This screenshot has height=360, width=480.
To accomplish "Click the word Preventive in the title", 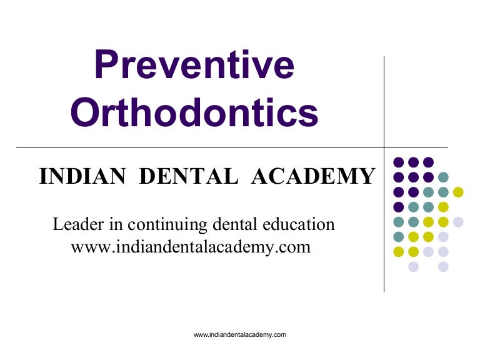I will tap(194, 65).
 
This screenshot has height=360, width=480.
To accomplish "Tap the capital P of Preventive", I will tap(108, 65).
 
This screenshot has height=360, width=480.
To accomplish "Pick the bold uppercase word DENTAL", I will tap(188, 177).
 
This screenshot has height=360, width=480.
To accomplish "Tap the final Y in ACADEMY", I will tap(367, 177).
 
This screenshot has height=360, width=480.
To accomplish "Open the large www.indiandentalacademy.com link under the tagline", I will tap(191, 247).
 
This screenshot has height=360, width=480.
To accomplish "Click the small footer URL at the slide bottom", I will tap(240, 335).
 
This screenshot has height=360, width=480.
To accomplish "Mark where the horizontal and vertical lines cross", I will tap(384, 147).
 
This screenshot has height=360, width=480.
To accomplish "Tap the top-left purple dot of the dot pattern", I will tap(398, 162).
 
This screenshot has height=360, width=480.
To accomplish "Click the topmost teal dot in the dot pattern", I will tap(443, 177).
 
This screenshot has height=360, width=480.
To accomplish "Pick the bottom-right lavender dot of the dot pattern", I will tap(443, 267).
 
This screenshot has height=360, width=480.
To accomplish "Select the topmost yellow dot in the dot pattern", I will tap(458, 192).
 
